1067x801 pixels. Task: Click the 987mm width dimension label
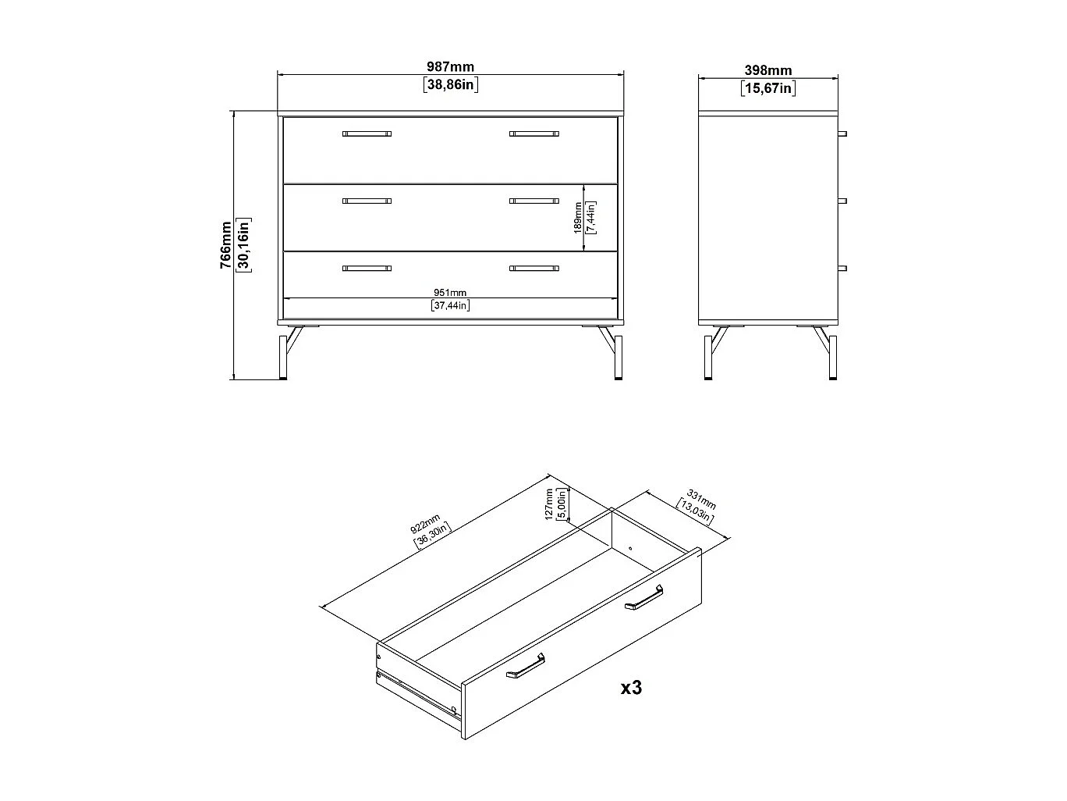[450, 68]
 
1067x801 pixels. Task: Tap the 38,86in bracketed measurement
[450, 85]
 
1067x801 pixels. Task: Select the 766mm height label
[226, 245]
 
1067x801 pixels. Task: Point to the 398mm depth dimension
[767, 71]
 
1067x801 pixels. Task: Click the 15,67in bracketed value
[767, 88]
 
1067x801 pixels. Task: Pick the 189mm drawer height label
[578, 218]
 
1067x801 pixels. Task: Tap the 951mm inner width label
[450, 293]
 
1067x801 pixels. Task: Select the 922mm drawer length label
[426, 522]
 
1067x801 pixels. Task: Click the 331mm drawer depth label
[701, 497]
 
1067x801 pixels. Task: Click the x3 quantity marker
[631, 688]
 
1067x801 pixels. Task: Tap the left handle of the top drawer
[367, 134]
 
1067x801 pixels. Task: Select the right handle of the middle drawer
[534, 201]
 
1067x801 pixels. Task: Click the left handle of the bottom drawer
[367, 269]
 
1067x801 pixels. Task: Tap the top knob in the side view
[842, 133]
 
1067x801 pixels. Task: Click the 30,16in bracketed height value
[243, 245]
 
